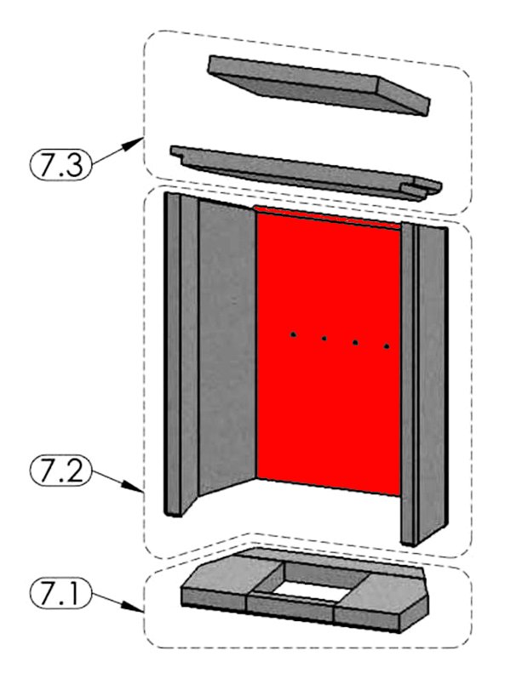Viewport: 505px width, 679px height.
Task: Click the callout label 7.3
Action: tap(60, 164)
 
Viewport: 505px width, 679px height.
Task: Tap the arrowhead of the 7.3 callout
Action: tap(135, 143)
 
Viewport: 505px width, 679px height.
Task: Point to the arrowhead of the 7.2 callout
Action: tap(135, 488)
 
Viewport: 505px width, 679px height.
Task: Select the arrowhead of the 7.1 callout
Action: tap(135, 608)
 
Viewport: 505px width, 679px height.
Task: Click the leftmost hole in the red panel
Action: tap(294, 334)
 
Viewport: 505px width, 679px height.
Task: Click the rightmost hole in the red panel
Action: tap(387, 346)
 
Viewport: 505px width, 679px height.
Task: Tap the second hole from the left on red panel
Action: tap(324, 338)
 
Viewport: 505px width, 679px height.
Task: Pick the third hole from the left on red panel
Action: tap(355, 343)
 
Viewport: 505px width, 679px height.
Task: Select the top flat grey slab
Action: tap(318, 85)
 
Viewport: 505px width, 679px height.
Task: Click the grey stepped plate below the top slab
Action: tap(306, 174)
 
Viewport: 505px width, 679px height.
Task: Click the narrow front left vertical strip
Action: tap(174, 354)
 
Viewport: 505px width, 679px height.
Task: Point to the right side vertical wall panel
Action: tap(431, 381)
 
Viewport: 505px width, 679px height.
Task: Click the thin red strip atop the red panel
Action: tap(327, 216)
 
